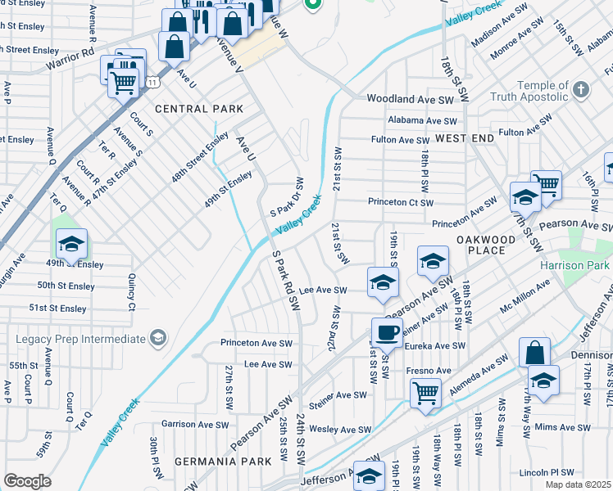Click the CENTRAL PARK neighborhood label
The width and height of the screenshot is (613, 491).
(x=199, y=109)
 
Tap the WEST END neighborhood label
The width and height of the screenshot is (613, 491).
(x=464, y=139)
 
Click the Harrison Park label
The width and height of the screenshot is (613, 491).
(x=575, y=266)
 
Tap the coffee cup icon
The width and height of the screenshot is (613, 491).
(x=388, y=332)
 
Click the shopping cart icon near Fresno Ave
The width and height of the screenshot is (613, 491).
(x=426, y=394)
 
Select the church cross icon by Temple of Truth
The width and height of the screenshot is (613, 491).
(x=580, y=88)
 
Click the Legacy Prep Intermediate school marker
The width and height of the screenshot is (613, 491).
(x=157, y=338)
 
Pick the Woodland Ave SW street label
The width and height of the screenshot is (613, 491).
(x=410, y=99)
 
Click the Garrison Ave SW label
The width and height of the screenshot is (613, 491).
(x=190, y=424)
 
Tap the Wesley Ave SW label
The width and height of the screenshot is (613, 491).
(x=341, y=430)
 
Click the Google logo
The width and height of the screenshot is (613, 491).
(x=27, y=480)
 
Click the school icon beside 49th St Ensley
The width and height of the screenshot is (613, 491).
(x=71, y=244)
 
